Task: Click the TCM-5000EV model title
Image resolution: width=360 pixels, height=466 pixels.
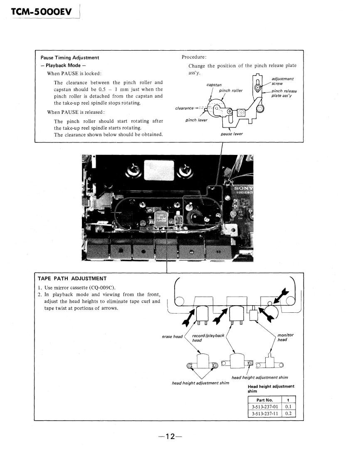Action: coord(42,13)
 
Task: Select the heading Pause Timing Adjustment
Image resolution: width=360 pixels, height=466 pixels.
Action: coord(70,58)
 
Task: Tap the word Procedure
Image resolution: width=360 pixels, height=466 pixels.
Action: coord(194,57)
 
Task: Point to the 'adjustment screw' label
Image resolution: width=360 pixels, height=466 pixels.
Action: coord(283,81)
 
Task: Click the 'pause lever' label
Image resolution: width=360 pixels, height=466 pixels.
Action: coord(232,134)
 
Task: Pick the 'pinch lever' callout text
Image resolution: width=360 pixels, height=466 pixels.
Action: coord(196,120)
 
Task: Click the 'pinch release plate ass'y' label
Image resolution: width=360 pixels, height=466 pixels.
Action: coord(284,93)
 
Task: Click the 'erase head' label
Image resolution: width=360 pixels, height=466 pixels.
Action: coord(172,336)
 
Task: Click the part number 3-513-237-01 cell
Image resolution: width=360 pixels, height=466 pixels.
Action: coord(264,407)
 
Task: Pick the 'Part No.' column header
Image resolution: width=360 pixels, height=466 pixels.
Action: coord(264,400)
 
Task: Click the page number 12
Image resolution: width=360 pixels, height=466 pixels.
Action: coord(170,437)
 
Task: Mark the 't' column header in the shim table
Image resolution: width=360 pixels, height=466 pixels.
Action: coord(288,400)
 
